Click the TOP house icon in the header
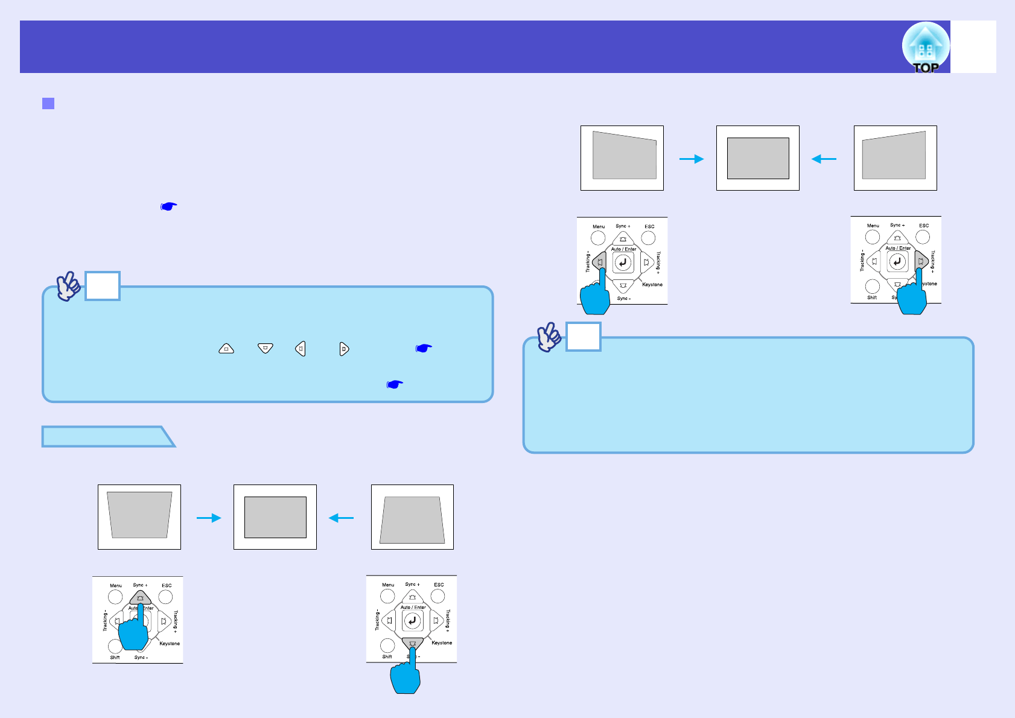[926, 47]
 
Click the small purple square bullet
[48, 103]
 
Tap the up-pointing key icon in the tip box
[226, 349]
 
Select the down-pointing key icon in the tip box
[266, 349]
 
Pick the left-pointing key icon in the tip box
[301, 349]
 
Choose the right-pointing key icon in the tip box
[344, 349]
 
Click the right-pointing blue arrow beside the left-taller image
[692, 159]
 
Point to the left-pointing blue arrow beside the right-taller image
[824, 159]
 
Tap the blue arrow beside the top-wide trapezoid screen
[209, 518]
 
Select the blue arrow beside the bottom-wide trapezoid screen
[341, 518]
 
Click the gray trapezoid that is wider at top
[139, 515]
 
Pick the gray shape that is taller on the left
[624, 156]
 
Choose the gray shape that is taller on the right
[894, 156]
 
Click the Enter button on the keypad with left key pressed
[623, 262]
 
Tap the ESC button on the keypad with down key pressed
[438, 596]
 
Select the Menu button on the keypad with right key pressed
[873, 237]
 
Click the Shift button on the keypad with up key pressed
[115, 647]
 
